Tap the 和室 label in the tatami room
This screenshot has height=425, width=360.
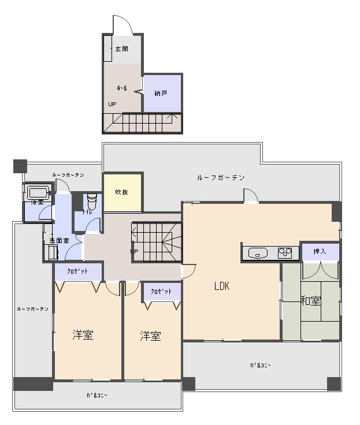(310, 301)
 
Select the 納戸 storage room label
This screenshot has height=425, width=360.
(161, 93)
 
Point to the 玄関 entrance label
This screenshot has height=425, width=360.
(121, 49)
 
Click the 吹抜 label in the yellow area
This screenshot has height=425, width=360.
(121, 192)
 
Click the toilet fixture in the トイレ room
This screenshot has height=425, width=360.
(91, 202)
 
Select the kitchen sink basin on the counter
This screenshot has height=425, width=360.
(258, 252)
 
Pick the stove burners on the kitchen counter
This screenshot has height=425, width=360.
(285, 252)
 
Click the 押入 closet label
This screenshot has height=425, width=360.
(320, 251)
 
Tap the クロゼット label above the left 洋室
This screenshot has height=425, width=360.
(77, 271)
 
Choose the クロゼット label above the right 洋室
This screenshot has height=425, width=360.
(161, 292)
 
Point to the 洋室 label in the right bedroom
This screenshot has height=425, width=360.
(150, 336)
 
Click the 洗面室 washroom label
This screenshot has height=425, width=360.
(59, 240)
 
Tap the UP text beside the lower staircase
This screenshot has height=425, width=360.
(134, 252)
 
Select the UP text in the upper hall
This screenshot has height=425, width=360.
(112, 105)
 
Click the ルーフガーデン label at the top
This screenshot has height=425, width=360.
(221, 177)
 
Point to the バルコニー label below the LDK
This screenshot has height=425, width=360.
(260, 365)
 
